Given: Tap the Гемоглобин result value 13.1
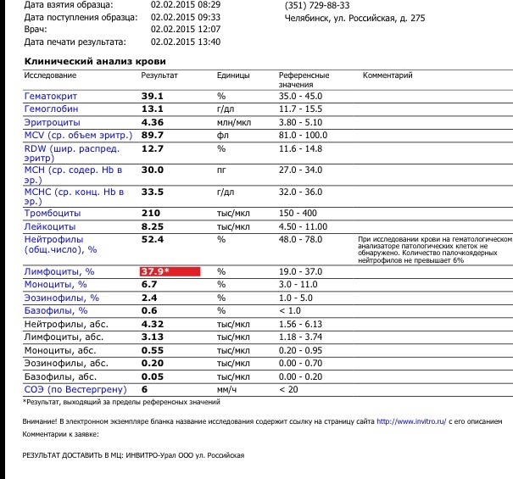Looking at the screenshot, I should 152,109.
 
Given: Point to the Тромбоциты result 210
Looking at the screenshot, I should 151,214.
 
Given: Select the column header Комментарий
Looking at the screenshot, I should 388,75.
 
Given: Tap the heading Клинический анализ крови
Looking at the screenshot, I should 95,61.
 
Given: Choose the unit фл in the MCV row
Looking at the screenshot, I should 222,136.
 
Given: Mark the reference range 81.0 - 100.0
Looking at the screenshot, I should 302,136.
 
